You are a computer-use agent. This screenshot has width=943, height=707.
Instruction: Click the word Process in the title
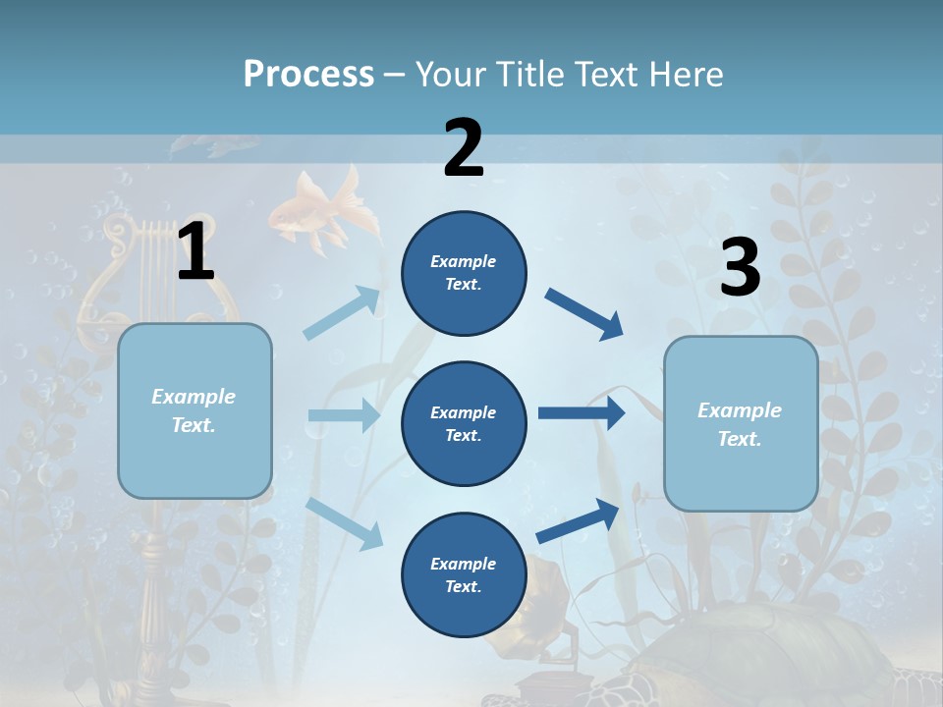click(x=308, y=74)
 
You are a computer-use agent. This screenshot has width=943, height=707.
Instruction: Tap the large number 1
click(x=195, y=251)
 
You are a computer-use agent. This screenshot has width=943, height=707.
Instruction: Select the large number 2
click(x=463, y=148)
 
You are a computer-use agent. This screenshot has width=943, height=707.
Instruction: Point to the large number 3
click(x=740, y=267)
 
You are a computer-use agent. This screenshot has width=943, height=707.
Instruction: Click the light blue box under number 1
click(x=194, y=410)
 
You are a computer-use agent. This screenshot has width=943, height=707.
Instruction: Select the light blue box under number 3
click(x=741, y=423)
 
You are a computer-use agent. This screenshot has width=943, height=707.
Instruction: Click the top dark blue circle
click(x=464, y=273)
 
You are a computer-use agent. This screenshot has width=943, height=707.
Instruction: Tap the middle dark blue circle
click(x=464, y=423)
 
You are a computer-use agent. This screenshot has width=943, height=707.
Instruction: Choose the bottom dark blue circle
click(x=464, y=574)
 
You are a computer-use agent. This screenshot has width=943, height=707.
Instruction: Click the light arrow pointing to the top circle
click(x=342, y=313)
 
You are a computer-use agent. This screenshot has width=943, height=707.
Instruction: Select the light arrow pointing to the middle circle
click(x=344, y=415)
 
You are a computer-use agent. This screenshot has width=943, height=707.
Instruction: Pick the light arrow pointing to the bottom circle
click(x=344, y=523)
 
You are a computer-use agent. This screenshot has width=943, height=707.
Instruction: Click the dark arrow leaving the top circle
click(x=583, y=314)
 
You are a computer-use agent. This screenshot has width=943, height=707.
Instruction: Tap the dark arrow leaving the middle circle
click(x=581, y=413)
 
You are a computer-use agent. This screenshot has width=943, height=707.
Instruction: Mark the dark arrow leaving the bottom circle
click(x=578, y=520)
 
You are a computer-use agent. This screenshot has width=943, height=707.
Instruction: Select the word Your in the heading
click(x=450, y=74)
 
